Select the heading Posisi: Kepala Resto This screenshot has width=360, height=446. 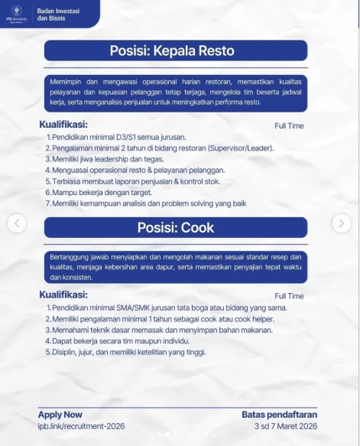coord(176,51)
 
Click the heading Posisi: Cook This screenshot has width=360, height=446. coord(176,227)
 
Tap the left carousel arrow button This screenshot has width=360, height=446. coord(18,223)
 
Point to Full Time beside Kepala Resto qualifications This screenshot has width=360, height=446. coord(289,126)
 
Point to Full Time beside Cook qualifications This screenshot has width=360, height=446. coord(289,296)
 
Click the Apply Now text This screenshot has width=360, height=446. coord(60,414)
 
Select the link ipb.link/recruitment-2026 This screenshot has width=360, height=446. coord(81,425)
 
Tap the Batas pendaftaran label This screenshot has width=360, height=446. coord(279,414)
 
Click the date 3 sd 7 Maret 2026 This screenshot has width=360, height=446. coord(287,425)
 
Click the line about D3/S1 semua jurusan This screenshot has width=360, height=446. coord(117,137)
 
